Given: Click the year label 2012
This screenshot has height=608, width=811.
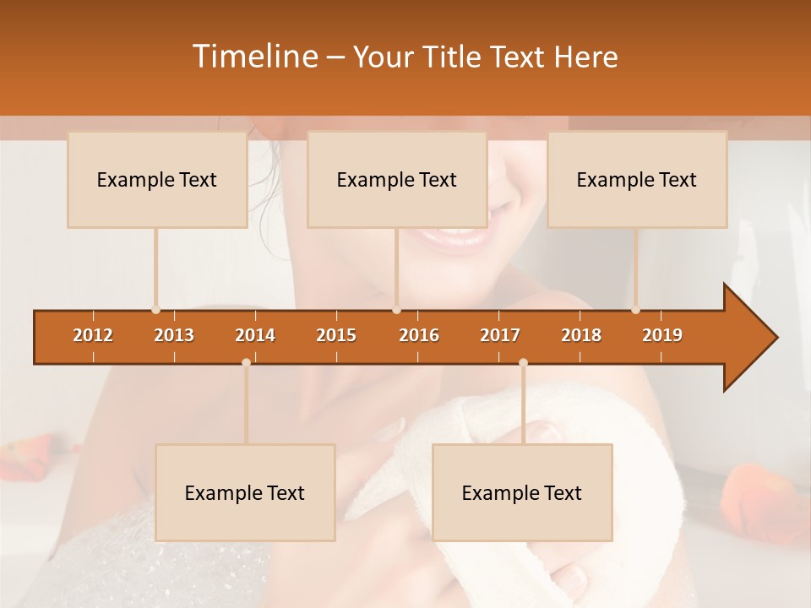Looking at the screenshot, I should click(93, 335).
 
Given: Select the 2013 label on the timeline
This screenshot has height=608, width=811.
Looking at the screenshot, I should click(174, 335).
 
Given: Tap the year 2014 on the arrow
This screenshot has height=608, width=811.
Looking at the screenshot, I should click(255, 335).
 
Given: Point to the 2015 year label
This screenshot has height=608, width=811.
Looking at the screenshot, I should click(336, 335).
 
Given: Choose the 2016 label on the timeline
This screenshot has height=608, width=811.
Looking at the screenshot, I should click(419, 335).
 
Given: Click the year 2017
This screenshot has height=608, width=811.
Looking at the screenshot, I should click(500, 335).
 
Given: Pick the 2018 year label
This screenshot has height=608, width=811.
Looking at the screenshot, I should click(581, 335).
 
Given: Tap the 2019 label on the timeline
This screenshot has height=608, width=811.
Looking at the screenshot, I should click(662, 335).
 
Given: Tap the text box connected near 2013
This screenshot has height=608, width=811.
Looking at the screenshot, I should click(157, 179).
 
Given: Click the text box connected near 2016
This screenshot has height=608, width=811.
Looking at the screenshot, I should click(397, 179).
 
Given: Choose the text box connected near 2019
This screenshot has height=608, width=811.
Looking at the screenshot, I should click(637, 179).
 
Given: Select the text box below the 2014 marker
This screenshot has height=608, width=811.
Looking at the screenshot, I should click(245, 492).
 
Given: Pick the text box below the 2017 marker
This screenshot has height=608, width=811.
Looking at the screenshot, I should click(522, 492).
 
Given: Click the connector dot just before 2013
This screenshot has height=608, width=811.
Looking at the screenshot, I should click(155, 309).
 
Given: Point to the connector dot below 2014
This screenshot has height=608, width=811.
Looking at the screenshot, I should click(246, 363).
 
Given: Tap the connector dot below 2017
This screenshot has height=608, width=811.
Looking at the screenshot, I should click(523, 363).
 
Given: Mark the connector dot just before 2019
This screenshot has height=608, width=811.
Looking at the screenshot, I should click(635, 309).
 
